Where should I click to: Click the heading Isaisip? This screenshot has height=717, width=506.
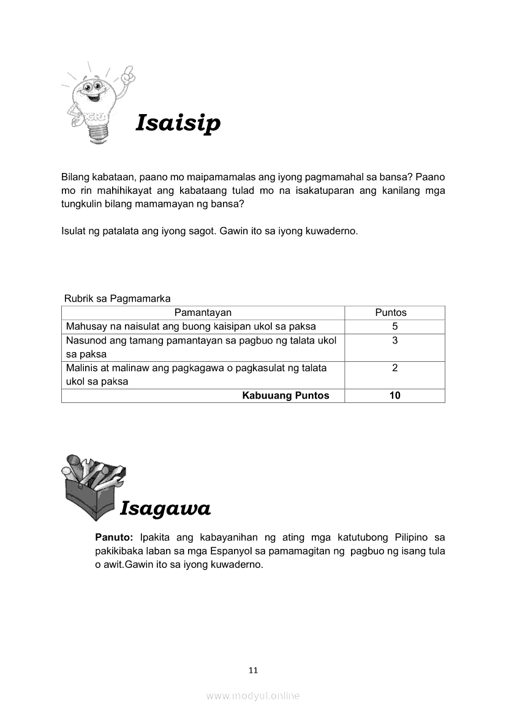point(178,123)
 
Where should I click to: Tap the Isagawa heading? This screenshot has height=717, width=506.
point(165,508)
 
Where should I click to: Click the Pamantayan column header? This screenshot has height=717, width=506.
point(203,313)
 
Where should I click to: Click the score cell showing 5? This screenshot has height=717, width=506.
point(395,327)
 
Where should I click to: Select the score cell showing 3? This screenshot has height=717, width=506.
point(395,340)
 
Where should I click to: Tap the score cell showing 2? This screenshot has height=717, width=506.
point(395,368)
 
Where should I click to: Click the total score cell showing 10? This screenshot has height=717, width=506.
point(395,396)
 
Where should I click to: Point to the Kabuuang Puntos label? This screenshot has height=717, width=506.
point(285,396)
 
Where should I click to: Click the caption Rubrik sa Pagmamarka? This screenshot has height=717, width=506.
point(118,299)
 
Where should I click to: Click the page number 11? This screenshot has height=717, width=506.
point(253,670)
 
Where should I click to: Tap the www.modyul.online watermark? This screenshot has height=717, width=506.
point(253,696)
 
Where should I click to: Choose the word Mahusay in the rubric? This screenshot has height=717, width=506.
point(86,327)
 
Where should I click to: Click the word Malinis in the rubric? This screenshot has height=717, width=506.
point(82,368)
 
